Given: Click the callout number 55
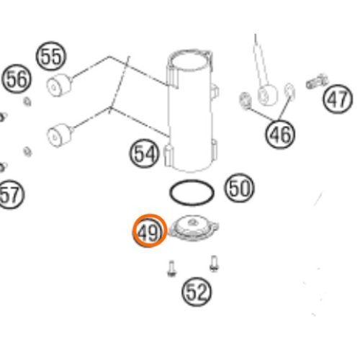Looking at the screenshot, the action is click(50, 56).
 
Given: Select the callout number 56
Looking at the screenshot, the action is click(17, 79).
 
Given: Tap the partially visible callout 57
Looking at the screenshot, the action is click(10, 194).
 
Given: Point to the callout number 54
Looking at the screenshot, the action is click(144, 153).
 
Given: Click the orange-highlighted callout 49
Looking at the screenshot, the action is click(150, 231).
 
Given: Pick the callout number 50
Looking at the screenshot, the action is click(239, 188).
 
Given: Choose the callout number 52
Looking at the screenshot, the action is click(197, 292).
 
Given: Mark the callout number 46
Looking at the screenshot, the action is click(280, 134).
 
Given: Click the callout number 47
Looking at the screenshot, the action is click(338, 99).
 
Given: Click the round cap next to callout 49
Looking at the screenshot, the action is click(194, 228).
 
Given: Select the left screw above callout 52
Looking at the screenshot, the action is click(171, 269).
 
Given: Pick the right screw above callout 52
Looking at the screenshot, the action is click(214, 264).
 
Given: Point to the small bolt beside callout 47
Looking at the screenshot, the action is click(317, 81).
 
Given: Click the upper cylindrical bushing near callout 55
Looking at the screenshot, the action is click(59, 85).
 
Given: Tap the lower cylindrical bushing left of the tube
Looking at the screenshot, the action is click(60, 135).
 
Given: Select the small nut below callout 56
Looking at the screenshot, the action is click(27, 102).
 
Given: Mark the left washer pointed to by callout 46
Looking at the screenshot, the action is click(246, 100).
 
